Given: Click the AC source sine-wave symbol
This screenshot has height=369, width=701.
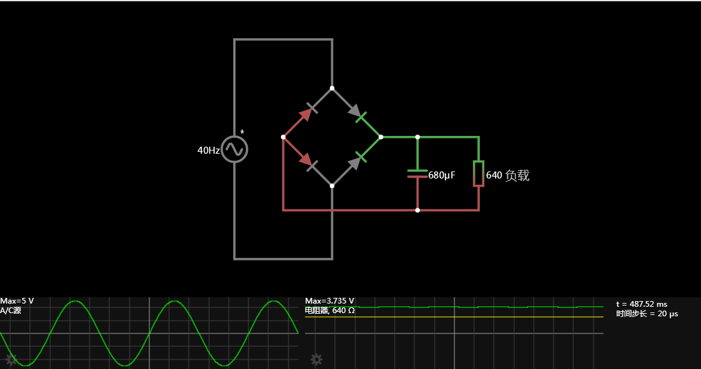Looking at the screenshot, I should pos(235,150).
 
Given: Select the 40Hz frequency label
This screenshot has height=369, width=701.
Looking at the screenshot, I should pos(208,151).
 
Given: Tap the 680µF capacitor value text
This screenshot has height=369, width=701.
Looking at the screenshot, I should pos(442,175).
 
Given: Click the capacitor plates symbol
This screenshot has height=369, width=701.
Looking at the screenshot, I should pos(418,173).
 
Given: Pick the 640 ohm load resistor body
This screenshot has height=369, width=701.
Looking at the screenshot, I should pos(479,173).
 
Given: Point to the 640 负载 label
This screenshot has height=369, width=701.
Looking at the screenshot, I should pos(507,176).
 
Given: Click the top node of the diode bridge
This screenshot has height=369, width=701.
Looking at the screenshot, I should pos(332,88).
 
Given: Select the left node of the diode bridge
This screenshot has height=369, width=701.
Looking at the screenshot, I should pos(283,137).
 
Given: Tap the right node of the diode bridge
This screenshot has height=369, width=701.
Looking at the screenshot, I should pos(381,137).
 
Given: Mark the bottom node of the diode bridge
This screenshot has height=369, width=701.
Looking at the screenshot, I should pos(332,185).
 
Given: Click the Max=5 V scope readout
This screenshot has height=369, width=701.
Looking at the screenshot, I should pos(17,300).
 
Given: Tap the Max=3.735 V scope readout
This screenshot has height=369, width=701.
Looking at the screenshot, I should pos(330,300).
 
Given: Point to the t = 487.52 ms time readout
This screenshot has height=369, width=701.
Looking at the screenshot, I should pos(642,304).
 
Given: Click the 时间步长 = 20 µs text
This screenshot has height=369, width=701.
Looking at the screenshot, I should pos(646,314).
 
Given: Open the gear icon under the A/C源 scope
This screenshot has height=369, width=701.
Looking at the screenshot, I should pos(11,359).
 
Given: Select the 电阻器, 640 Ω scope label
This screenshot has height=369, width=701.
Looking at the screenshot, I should pos(330,311).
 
